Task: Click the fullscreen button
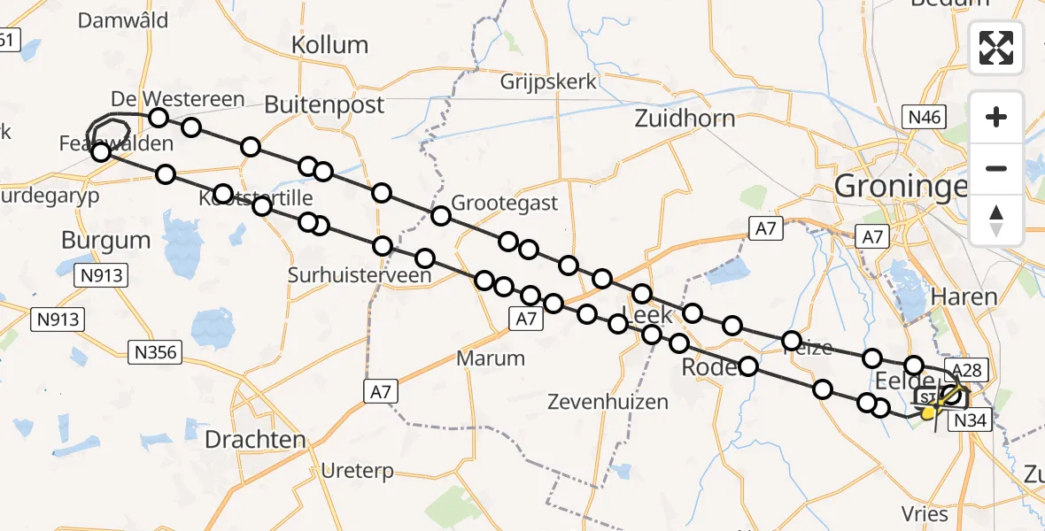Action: point(996,48)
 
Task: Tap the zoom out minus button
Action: point(996,168)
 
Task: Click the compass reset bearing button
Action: point(996,219)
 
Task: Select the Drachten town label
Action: point(255,440)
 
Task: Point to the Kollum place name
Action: point(329,44)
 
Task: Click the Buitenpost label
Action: point(324,104)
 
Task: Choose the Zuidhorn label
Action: point(685,119)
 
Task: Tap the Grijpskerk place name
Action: point(548,82)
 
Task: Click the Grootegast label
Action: point(505,204)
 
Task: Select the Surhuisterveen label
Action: point(360,275)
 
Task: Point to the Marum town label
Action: point(491,358)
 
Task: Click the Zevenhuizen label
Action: point(608,403)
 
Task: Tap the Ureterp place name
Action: point(359,471)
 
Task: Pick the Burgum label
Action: point(106,240)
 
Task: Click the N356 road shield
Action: point(156,353)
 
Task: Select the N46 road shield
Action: point(924,117)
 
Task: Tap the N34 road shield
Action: point(971,422)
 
